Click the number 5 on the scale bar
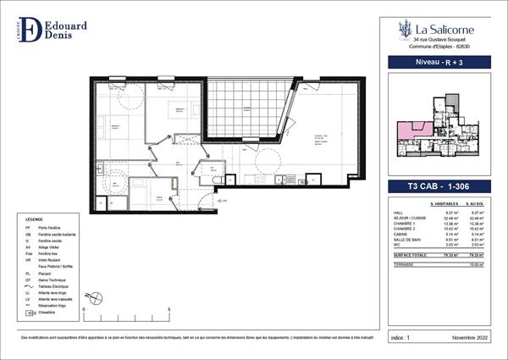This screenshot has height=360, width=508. pos(169,310)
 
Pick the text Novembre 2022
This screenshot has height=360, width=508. pos(471,337)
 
